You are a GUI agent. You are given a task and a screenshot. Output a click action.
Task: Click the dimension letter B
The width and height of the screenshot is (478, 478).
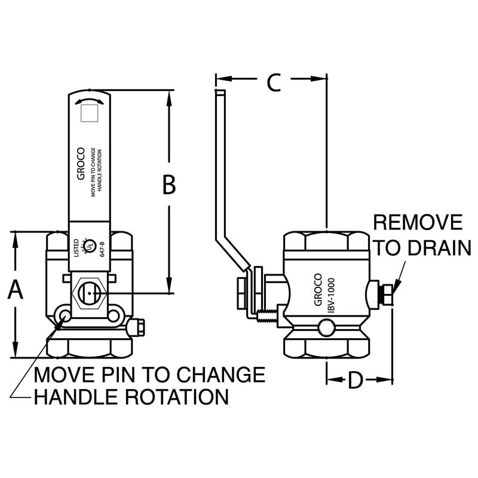point(169,185)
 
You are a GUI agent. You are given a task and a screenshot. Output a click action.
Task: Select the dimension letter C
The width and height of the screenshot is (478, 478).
point(273,82)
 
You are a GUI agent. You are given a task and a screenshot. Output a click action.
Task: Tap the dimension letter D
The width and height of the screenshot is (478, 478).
point(356,380)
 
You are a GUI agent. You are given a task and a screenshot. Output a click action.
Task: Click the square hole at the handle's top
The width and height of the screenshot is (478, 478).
point(88,112)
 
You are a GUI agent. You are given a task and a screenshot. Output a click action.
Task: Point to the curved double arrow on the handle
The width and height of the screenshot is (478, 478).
point(88,100)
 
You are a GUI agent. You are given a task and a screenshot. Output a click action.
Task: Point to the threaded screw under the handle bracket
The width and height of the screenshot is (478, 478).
point(268,315)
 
